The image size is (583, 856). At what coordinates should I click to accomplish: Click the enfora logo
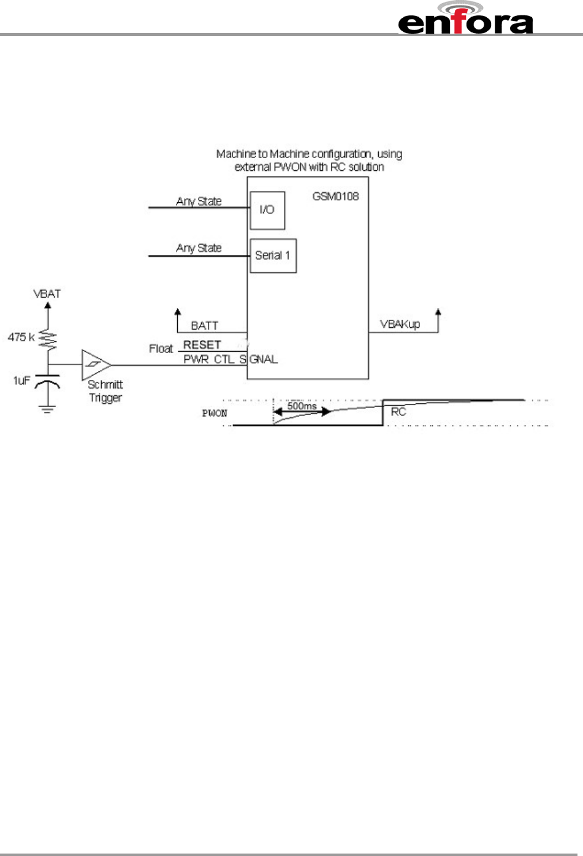(x=465, y=18)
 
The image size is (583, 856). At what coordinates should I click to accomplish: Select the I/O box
(x=267, y=210)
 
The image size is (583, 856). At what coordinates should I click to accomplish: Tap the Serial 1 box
(x=273, y=256)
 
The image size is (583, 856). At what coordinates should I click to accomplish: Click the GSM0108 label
(x=335, y=197)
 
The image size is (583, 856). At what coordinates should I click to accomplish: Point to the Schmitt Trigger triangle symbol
(x=95, y=365)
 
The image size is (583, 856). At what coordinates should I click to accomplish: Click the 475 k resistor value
(x=21, y=337)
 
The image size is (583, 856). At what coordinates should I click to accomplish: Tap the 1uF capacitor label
(x=21, y=381)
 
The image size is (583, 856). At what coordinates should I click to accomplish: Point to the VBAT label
(x=47, y=294)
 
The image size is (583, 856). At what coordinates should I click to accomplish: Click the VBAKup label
(x=400, y=324)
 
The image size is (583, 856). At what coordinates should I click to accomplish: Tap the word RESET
(x=202, y=345)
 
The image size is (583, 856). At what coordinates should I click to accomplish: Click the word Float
(x=161, y=349)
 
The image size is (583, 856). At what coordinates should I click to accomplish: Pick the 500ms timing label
(x=302, y=406)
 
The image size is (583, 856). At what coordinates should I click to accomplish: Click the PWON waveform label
(x=215, y=414)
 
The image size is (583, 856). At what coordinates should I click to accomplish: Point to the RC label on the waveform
(x=398, y=412)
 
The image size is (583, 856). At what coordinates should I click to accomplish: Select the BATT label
(x=204, y=325)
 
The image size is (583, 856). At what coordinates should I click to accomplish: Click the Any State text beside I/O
(x=199, y=201)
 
